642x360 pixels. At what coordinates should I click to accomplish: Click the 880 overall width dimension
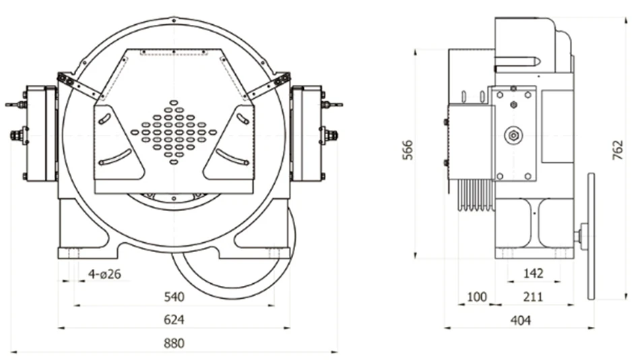tap(174, 343)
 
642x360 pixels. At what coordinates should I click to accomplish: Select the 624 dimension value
tap(174, 320)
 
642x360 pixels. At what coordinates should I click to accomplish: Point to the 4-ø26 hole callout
tap(104, 274)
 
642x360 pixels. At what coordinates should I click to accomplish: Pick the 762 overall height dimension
tap(618, 150)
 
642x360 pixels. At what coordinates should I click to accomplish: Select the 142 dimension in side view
tap(534, 274)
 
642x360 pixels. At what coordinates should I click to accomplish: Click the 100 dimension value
tap(475, 297)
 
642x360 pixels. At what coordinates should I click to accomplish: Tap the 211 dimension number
tap(532, 297)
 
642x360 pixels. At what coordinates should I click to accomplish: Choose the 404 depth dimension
tap(520, 320)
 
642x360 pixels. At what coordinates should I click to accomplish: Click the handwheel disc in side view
tap(591, 236)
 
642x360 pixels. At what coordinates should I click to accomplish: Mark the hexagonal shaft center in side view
tap(513, 136)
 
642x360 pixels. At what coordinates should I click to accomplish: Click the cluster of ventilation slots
tap(174, 132)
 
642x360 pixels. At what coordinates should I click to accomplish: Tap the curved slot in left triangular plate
tap(115, 158)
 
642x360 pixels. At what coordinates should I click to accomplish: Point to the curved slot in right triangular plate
tap(232, 158)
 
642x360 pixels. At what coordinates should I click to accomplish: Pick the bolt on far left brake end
tap(15, 136)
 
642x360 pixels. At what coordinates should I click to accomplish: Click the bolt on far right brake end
tap(331, 135)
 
